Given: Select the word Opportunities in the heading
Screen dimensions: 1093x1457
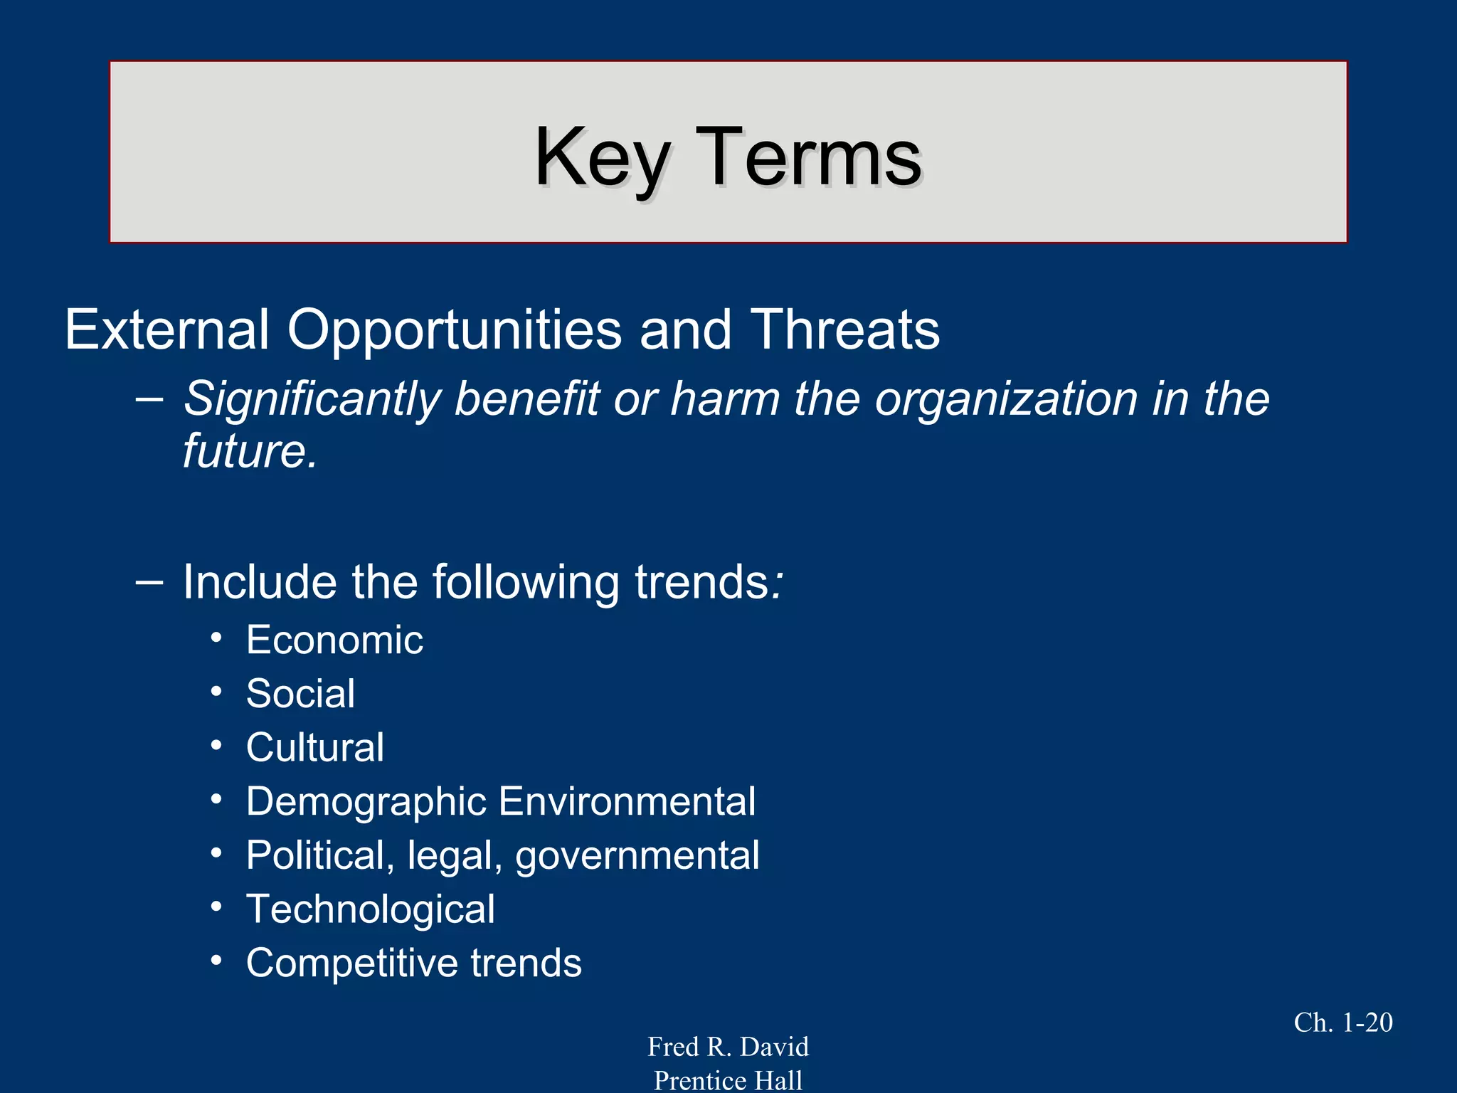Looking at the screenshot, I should click(454, 330).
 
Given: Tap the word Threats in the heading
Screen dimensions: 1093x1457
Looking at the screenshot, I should click(845, 330).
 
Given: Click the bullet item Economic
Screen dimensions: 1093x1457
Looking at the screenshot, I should click(334, 640).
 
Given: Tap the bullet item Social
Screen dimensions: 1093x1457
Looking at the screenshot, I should click(300, 694).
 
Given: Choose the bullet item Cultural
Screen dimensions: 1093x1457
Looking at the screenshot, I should click(314, 748).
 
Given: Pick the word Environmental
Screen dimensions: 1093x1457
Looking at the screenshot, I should click(627, 802).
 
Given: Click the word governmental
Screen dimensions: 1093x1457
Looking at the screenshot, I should click(637, 856).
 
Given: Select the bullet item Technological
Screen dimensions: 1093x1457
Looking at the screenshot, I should click(370, 909).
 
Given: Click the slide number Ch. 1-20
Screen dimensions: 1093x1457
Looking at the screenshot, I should click(1342, 1023).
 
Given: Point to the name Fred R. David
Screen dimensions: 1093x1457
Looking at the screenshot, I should click(728, 1047).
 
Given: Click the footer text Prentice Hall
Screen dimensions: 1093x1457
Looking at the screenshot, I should click(728, 1080).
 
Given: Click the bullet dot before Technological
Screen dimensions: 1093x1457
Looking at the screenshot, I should click(216, 907).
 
